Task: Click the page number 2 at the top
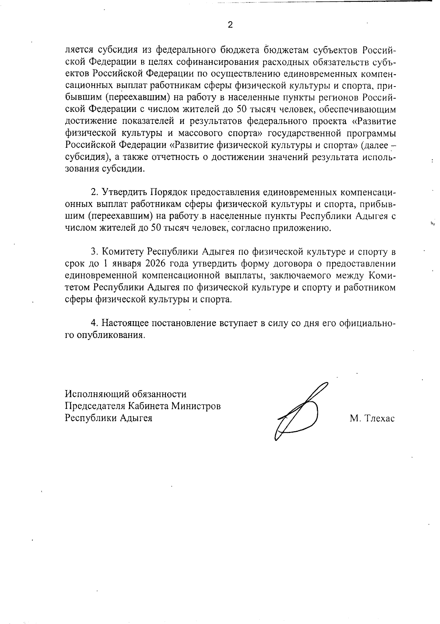[x=230, y=25]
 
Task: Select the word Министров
[x=196, y=406]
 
